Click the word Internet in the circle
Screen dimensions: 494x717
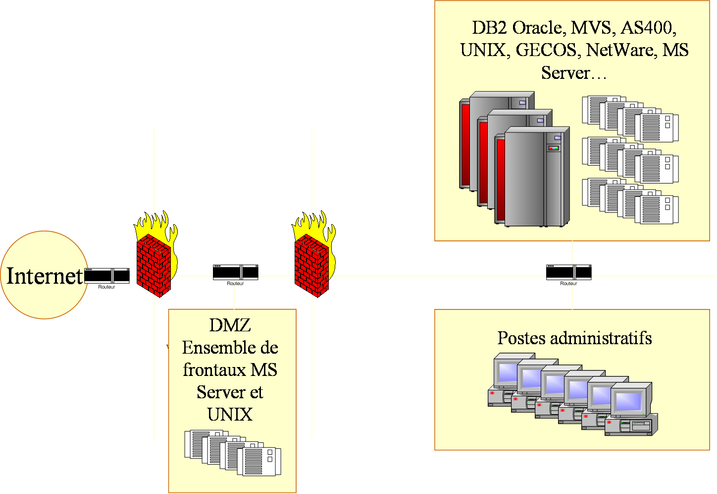[44, 276]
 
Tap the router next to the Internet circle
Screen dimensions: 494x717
[106, 276]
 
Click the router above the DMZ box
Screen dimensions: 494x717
[235, 272]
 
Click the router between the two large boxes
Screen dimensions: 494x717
[568, 272]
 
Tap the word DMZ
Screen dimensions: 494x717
[230, 325]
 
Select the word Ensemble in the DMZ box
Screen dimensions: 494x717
[213, 348]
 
